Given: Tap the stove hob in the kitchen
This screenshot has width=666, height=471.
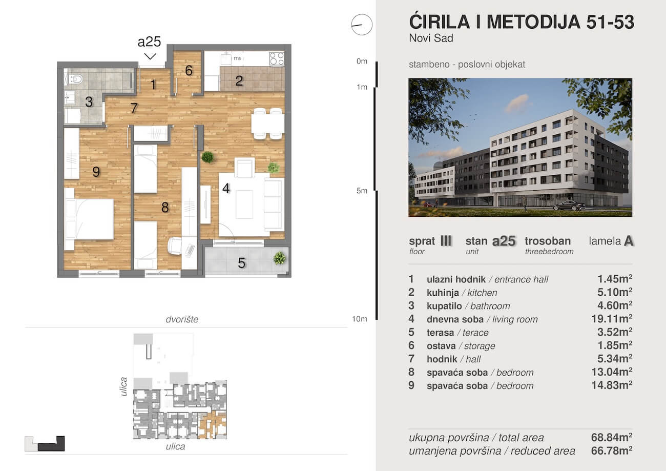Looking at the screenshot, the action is (277, 58).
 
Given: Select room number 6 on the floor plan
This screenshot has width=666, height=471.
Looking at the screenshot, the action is (189, 71).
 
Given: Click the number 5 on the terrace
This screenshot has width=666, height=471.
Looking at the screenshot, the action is (241, 263).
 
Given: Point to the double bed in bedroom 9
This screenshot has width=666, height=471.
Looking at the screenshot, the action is (89, 219).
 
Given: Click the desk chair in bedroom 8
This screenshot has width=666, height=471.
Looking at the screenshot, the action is (175, 245).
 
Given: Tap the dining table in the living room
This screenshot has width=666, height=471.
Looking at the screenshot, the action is (267, 124).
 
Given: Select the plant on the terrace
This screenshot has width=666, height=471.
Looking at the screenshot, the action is (280, 258).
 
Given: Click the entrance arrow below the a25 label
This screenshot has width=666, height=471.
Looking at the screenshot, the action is (150, 56).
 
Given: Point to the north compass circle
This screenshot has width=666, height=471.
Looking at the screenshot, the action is (362, 25).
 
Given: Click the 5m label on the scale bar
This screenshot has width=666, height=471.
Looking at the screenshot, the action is (362, 191).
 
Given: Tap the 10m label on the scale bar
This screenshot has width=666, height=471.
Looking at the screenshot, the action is (360, 319).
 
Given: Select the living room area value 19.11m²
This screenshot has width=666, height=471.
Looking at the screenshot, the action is (612, 319).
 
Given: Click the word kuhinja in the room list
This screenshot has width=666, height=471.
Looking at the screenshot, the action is (443, 293).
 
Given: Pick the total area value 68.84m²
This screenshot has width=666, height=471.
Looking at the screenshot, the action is (612, 437).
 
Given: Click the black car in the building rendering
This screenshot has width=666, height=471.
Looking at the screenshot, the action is (569, 206).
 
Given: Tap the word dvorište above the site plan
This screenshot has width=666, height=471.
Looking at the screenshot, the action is (182, 319).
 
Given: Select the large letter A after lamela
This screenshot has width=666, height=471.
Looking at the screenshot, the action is (628, 241).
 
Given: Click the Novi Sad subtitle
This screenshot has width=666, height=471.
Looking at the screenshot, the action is (431, 38).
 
